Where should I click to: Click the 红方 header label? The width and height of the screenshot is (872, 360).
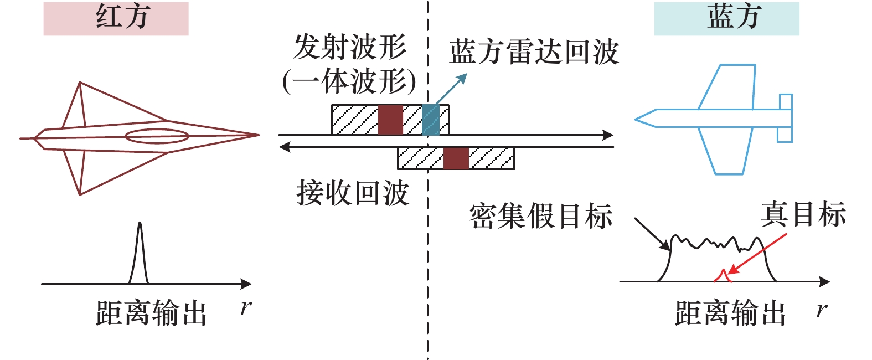click(116, 18)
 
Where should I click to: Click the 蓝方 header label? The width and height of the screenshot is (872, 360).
click(726, 18)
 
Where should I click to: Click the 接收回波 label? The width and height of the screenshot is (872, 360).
click(353, 193)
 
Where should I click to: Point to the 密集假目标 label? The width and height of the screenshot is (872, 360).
click(540, 216)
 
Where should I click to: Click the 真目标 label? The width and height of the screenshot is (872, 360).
click(803, 214)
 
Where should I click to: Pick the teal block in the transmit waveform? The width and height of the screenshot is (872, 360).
click(430, 120)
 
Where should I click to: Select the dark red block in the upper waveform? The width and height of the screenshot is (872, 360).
click(390, 120)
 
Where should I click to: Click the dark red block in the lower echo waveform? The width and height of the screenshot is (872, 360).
click(456, 158)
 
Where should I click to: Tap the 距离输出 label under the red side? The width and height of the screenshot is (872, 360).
click(151, 313)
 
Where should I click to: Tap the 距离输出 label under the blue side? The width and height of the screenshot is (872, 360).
click(730, 313)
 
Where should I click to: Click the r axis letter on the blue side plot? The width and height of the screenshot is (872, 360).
click(822, 310)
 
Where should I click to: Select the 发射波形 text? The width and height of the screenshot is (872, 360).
click(350, 47)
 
